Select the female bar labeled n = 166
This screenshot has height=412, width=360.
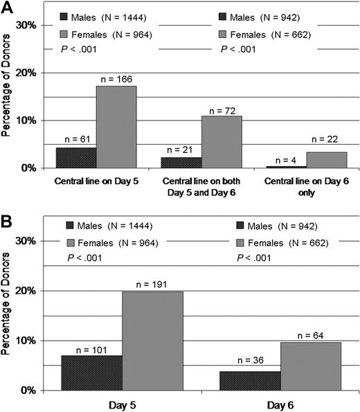pyautogui.click(x=116, y=127)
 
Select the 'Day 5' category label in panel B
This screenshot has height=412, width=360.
pyautogui.click(x=122, y=402)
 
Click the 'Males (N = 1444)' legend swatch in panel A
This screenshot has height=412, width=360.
pyautogui.click(x=73, y=15)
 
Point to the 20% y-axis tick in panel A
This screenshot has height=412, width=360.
pyautogui.click(x=26, y=73)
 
